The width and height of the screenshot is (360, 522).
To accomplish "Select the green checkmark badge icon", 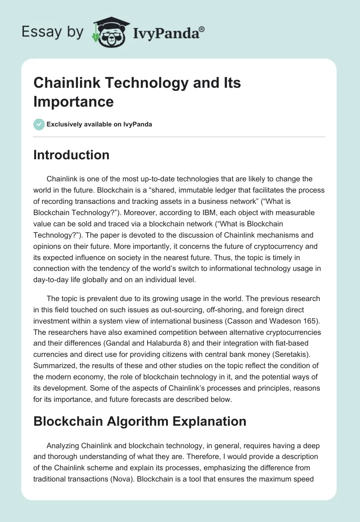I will [39, 124].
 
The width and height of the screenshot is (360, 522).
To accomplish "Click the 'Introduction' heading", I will [71, 155].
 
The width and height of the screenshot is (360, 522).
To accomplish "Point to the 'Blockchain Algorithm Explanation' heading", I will [139, 421].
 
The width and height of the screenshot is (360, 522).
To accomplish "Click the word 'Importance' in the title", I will [73, 102].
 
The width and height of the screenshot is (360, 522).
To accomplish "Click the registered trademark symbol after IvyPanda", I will [202, 29].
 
